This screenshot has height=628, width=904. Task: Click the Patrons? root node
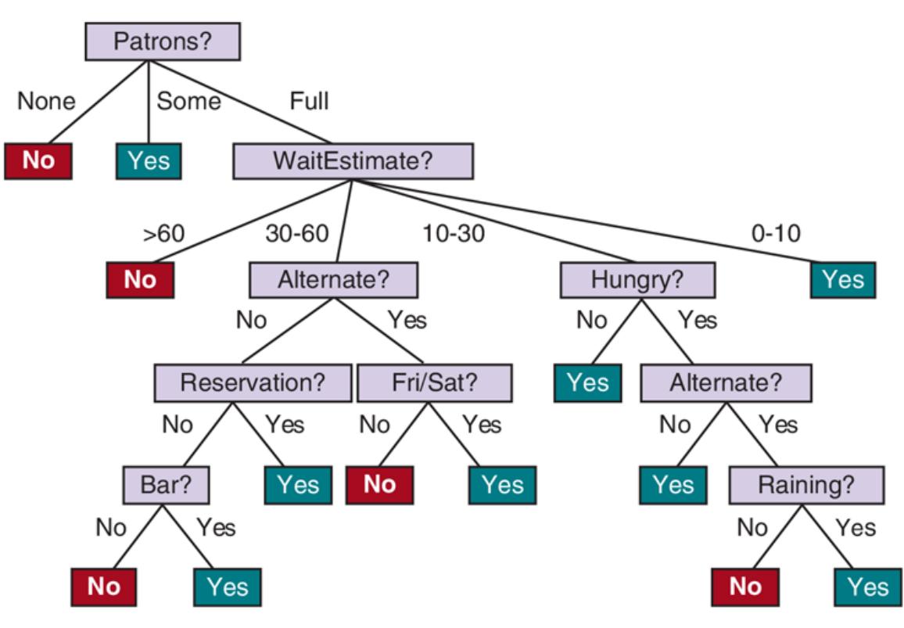tap(162, 41)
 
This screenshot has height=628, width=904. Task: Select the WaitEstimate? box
tap(353, 162)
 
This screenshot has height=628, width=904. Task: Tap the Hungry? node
tap(637, 280)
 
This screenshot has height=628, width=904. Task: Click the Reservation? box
tap(253, 383)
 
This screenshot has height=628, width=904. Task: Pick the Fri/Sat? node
tap(435, 383)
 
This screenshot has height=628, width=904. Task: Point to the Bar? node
tap(167, 485)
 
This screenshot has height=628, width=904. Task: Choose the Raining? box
tap(806, 486)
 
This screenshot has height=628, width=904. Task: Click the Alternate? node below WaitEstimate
tap(333, 280)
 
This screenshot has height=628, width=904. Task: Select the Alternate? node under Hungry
tap(726, 383)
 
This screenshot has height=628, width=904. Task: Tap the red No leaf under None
tap(38, 161)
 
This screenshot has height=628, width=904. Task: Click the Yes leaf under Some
tap(149, 161)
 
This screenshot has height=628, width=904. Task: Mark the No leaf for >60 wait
tap(140, 280)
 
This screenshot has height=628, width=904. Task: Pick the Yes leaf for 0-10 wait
tap(843, 280)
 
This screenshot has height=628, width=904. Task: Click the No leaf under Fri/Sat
tap(379, 485)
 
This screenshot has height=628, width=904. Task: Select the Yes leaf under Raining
tap(867, 587)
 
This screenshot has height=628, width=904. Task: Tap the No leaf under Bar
tap(104, 587)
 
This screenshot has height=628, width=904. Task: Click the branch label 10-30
tap(454, 233)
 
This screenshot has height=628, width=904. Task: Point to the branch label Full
tap(309, 101)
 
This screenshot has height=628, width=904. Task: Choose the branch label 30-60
tap(297, 233)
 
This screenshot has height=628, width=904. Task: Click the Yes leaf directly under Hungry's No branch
tap(587, 383)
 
